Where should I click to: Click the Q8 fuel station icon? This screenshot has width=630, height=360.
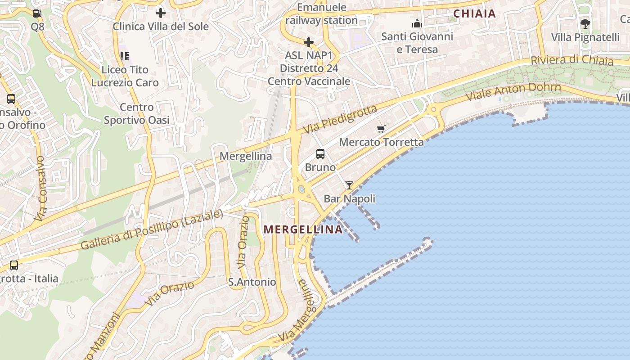click(x=37, y=13)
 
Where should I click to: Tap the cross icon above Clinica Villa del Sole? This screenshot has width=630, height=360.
click(x=160, y=13)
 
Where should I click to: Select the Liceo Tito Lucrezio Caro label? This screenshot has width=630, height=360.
click(x=125, y=76)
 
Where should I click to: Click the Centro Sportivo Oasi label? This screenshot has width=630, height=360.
click(x=137, y=113)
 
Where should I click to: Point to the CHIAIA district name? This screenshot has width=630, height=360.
click(x=474, y=13)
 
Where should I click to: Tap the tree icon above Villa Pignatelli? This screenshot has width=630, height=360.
click(x=585, y=23)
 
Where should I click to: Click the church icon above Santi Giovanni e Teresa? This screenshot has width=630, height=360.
click(x=417, y=23)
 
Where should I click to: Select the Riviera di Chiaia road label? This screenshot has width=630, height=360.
click(x=571, y=60)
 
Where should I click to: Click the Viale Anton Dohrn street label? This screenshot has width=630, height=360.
click(x=513, y=92)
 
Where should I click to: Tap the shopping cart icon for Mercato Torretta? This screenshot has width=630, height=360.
click(x=381, y=129)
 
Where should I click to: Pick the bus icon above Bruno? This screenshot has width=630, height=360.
click(x=320, y=154)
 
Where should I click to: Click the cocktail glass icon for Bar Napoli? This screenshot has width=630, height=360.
click(x=349, y=185)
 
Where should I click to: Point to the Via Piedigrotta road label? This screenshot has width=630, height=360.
click(x=340, y=120)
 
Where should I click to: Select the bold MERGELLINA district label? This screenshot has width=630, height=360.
click(x=303, y=229)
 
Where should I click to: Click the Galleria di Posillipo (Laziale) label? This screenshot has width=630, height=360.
click(x=152, y=229)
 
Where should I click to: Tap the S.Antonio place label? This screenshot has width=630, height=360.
click(x=252, y=282)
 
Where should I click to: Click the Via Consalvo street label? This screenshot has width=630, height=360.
click(x=40, y=189)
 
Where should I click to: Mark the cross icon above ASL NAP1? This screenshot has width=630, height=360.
click(x=309, y=42)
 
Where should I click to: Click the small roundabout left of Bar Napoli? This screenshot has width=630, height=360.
click(x=301, y=189)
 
